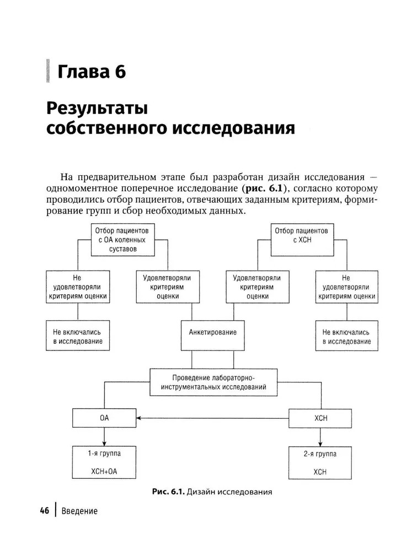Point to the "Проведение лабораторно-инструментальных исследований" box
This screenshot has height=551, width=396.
tap(213, 382)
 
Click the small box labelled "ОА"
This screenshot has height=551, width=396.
tap(104, 418)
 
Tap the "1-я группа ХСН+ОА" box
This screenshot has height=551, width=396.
tap(104, 463)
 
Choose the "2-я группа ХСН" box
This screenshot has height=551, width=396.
tap(320, 463)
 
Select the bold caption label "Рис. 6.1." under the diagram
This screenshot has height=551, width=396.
tap(169, 491)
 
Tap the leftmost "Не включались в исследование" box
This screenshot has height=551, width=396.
tap(78, 336)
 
